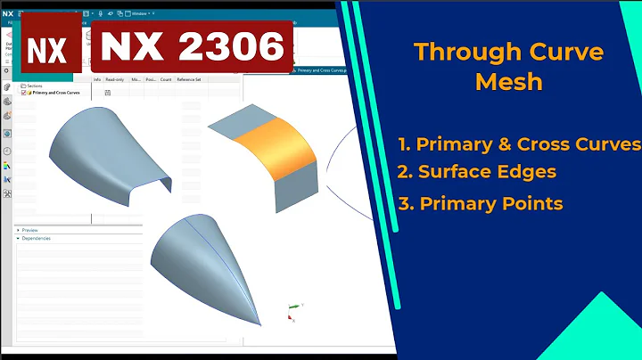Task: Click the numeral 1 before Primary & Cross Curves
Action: pos(405,143)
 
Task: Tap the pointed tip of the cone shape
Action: pos(260,323)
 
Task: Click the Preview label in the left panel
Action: pos(29,230)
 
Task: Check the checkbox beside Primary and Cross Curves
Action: pos(24,92)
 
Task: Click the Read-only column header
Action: pos(114,79)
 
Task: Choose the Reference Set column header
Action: pos(189,79)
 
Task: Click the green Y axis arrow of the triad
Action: pos(298,307)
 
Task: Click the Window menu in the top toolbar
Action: pos(140,13)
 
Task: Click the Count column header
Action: pos(166,79)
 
